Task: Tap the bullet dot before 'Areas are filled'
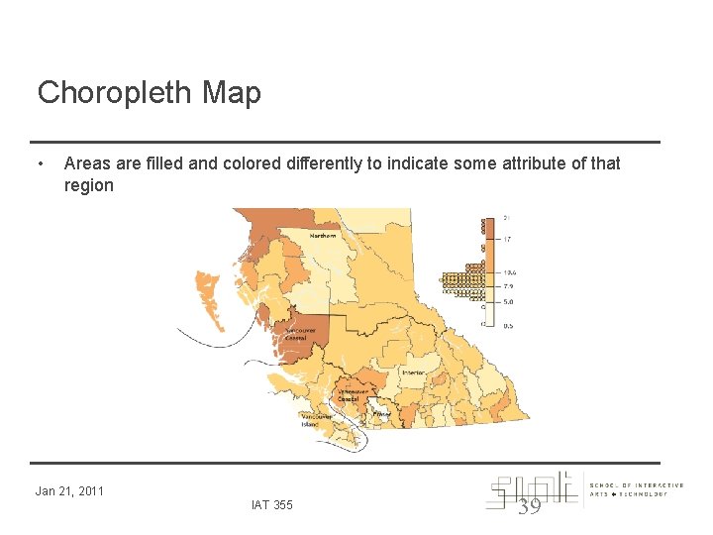coord(39,162)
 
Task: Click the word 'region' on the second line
coord(88,185)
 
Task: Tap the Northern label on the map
coord(323,236)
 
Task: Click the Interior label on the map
coord(413,373)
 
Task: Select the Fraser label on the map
coord(381,414)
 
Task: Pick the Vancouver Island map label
coord(316,420)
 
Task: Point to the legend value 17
coord(507,239)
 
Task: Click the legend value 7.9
coord(508,286)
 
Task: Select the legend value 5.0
coord(508,301)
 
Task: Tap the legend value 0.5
coord(508,325)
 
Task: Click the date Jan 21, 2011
coord(69,490)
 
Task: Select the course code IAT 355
coord(272,505)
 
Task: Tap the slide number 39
coord(531,505)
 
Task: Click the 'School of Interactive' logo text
coord(636,485)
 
